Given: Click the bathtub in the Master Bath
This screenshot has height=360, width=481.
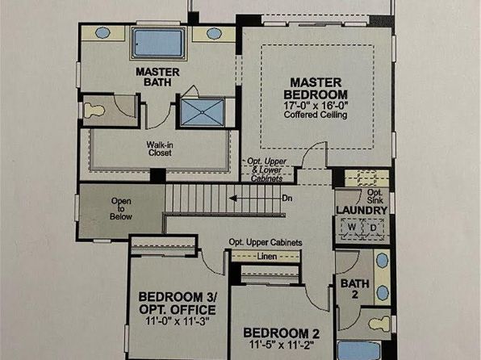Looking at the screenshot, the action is (158, 43).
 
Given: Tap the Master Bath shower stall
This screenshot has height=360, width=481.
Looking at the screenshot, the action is (202, 112).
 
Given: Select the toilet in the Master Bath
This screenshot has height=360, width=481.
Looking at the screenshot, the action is (94, 110).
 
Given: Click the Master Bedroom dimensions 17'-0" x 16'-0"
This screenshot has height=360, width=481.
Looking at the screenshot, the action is (316, 105).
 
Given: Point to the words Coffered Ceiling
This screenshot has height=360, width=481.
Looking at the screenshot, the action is (316, 115).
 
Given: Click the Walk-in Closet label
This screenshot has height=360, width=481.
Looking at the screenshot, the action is (160, 149).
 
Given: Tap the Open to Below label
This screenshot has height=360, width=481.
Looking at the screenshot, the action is (121, 209).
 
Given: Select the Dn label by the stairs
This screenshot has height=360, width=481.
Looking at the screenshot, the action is (287, 199).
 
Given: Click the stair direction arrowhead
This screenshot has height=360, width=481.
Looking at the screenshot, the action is (232, 199).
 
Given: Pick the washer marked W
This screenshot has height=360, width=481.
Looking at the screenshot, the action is (352, 228).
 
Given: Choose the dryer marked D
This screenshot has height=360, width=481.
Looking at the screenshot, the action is (374, 228).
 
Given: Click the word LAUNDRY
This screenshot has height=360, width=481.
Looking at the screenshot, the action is (362, 210).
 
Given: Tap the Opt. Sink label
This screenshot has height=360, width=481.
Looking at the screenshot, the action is (374, 196).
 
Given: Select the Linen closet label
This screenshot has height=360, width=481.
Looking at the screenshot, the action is (267, 256).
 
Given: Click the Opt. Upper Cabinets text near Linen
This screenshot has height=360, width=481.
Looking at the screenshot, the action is (266, 242).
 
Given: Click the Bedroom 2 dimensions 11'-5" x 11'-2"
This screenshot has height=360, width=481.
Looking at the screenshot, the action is (282, 345).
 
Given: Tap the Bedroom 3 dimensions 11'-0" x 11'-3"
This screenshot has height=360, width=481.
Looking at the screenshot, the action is (178, 321).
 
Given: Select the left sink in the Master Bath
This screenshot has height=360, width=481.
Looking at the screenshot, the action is (102, 32).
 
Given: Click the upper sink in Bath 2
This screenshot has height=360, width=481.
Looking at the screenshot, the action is (383, 260).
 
